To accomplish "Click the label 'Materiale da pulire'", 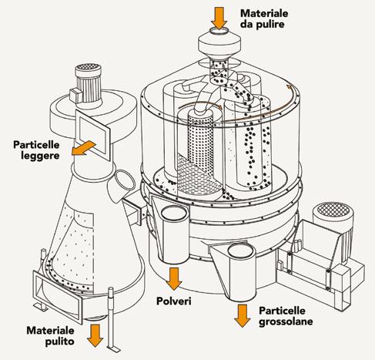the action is click(x=264, y=19).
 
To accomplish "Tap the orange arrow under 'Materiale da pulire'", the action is click(x=219, y=18).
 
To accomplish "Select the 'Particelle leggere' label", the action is click(x=36, y=150).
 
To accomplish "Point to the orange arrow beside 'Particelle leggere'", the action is click(x=83, y=149).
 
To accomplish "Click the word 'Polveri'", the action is click(x=174, y=301).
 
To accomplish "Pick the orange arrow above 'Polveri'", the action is click(x=174, y=279).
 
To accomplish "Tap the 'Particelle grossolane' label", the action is click(x=286, y=316).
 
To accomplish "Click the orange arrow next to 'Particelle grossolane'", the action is click(x=242, y=316).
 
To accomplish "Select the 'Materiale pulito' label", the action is click(x=50, y=336).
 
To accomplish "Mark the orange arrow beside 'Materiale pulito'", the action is click(x=95, y=335).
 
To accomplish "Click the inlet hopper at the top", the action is click(x=219, y=44).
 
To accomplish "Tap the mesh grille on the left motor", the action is click(x=88, y=68).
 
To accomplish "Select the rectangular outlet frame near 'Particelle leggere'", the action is click(x=93, y=134).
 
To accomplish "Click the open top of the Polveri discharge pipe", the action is click(x=174, y=213).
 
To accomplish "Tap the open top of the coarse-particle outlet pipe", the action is click(x=241, y=251).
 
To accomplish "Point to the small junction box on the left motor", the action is click(x=75, y=96).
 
